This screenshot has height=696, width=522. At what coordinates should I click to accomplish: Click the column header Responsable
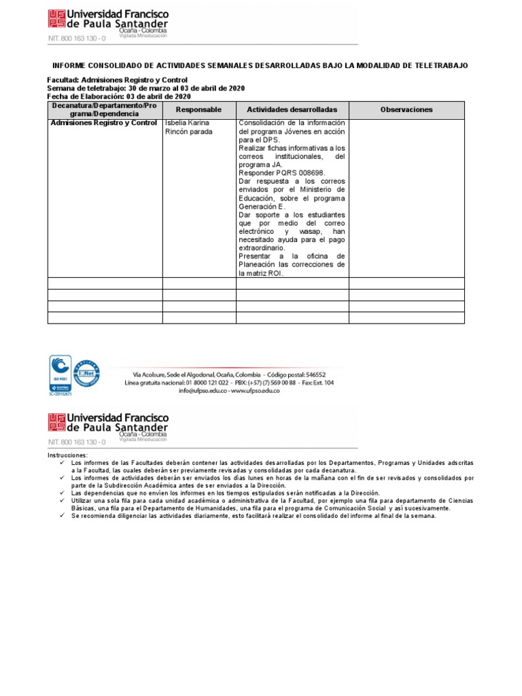tap(198, 109)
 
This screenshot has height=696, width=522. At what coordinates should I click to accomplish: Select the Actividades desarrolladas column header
tap(292, 109)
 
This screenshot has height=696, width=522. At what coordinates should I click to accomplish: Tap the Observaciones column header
tap(406, 109)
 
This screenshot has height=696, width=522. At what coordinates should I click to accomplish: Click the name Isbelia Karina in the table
tap(187, 123)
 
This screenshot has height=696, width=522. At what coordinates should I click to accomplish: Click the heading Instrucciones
tap(67, 455)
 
